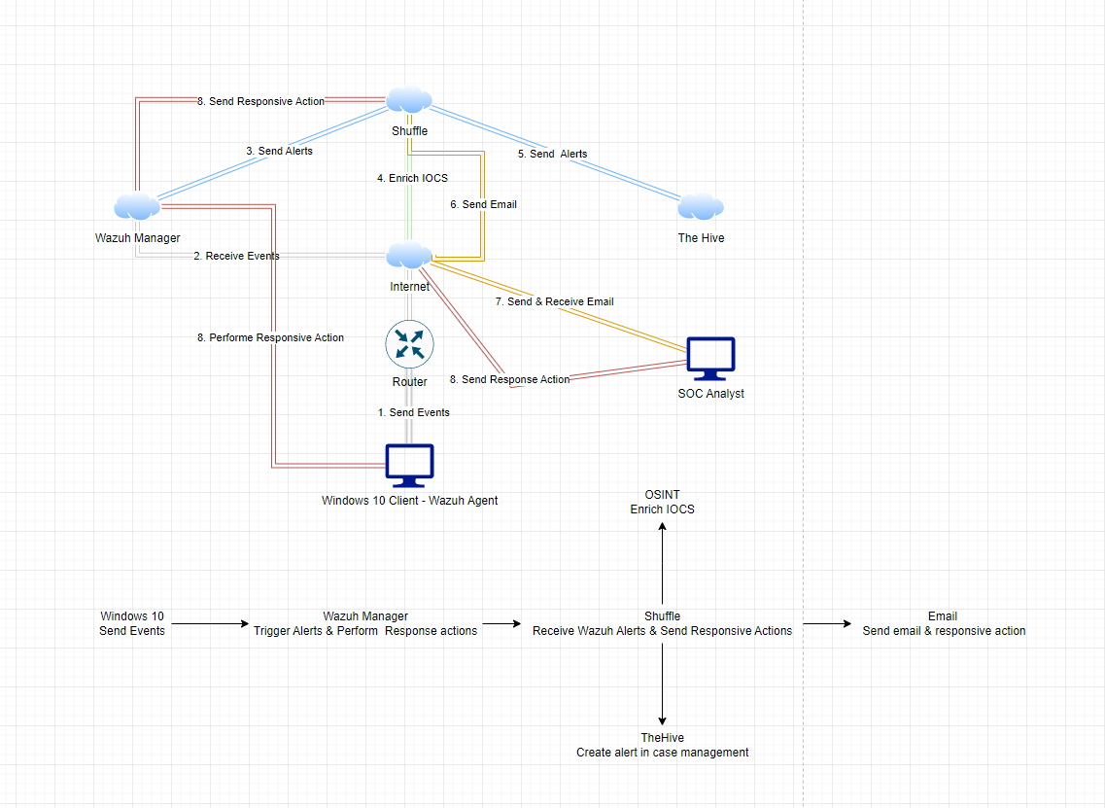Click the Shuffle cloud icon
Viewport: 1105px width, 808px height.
coord(409,100)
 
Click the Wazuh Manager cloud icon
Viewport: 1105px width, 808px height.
coord(137,206)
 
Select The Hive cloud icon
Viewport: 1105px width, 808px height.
coord(701,206)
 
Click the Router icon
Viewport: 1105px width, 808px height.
coord(409,345)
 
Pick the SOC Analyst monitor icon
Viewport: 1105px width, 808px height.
coord(710,359)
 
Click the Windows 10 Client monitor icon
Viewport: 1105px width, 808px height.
coord(409,466)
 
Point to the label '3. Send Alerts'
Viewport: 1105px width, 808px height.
coord(279,151)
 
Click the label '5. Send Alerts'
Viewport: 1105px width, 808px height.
coord(552,154)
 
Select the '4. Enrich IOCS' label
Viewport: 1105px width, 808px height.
coord(412,178)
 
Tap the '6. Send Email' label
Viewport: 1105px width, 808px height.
coord(483,204)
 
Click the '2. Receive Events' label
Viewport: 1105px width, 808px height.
coord(236,256)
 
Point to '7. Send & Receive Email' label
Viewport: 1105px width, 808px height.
coord(554,301)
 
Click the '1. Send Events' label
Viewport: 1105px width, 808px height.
coord(413,412)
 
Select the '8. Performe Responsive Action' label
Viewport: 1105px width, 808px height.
coord(270,337)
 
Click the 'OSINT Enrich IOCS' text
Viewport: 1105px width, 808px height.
coord(662,502)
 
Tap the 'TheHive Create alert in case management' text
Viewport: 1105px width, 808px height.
coord(662,745)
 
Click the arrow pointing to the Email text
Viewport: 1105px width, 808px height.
coord(828,624)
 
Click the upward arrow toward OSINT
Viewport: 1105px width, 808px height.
coord(662,564)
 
